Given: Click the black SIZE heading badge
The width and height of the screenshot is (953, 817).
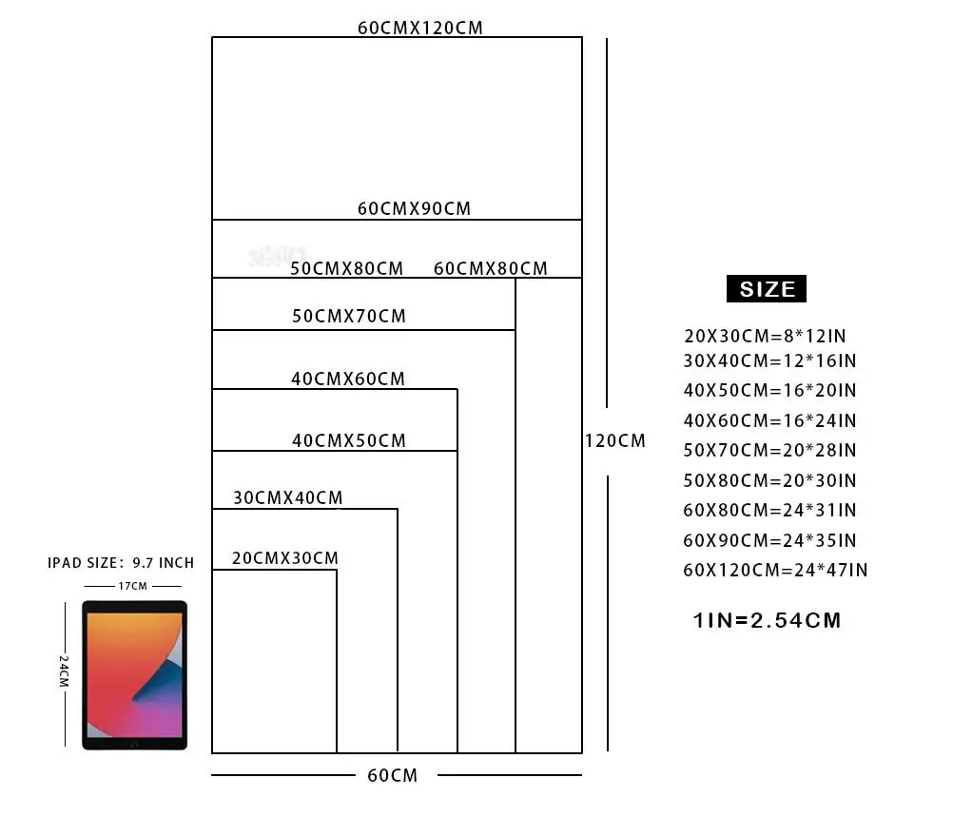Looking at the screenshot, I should click(767, 289).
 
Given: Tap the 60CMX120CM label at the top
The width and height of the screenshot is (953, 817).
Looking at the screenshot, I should click(420, 28).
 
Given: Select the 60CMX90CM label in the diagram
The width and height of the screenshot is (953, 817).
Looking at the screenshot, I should click(415, 208).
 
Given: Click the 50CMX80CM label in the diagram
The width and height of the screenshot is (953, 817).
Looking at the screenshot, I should click(347, 268).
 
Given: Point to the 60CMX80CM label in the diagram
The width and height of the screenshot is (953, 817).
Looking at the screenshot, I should click(491, 268).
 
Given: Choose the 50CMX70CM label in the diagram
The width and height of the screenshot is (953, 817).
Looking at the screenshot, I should click(349, 316).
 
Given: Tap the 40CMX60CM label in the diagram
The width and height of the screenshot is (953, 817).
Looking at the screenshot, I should click(348, 379).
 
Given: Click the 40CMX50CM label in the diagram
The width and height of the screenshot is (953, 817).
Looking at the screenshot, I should click(349, 440).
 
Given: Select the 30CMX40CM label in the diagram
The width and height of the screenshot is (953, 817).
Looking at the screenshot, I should click(288, 497).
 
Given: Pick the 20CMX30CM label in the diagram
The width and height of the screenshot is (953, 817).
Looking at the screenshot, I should click(285, 557).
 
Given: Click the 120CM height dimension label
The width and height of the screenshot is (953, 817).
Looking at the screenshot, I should click(615, 440).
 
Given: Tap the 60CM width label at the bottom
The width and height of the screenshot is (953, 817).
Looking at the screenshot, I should click(393, 775).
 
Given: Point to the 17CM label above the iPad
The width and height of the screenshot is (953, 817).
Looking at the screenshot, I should click(133, 586).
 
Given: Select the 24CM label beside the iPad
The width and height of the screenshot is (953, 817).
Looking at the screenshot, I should click(64, 671).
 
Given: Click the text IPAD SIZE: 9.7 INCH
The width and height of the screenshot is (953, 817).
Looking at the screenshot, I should click(121, 563).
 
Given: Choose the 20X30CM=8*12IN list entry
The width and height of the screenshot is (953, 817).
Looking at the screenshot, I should click(765, 335).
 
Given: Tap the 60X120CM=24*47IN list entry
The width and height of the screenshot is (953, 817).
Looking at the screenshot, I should click(775, 570).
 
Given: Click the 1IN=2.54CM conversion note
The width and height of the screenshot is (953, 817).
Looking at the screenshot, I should click(768, 621).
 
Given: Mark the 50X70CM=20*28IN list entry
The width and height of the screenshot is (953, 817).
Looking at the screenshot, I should click(770, 450).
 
